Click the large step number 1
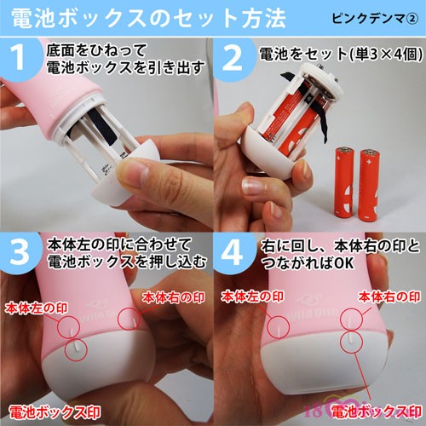(20, 58)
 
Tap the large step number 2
(233, 58)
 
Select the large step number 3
(20, 252)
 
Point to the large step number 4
(233, 252)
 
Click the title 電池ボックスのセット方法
(148, 19)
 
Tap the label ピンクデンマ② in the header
(375, 19)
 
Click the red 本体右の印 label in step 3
(173, 297)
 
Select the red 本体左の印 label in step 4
(252, 296)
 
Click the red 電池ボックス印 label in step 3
(55, 412)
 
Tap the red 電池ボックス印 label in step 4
(377, 412)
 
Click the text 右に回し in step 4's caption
(290, 246)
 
